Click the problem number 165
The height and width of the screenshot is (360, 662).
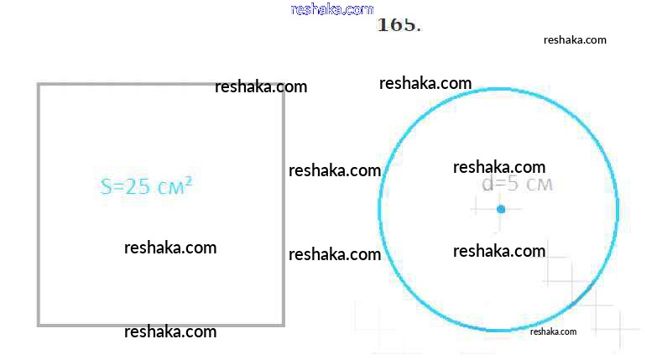click(x=399, y=24)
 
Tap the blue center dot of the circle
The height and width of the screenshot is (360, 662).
click(x=501, y=208)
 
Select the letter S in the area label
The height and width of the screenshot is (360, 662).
click(x=106, y=187)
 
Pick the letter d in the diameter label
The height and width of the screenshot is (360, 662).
click(x=487, y=185)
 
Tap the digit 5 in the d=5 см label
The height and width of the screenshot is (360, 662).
click(x=513, y=185)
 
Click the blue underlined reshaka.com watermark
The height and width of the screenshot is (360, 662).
click(x=331, y=9)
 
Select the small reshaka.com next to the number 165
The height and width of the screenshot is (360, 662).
click(x=575, y=39)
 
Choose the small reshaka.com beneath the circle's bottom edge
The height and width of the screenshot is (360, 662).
click(x=553, y=331)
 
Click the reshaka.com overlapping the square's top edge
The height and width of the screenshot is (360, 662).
click(x=261, y=86)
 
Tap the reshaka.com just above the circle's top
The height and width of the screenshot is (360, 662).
click(x=425, y=83)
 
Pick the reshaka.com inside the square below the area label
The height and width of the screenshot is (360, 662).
click(x=170, y=248)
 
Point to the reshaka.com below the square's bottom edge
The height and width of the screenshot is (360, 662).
click(x=170, y=331)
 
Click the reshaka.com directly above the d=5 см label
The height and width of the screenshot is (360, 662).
click(x=499, y=167)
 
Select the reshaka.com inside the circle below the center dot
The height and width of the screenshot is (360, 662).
click(x=499, y=251)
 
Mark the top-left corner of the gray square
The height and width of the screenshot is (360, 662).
click(x=39, y=85)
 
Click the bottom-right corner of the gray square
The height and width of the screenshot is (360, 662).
click(x=283, y=324)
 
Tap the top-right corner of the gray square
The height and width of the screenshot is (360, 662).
click(x=283, y=85)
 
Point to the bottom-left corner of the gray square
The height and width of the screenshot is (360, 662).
click(x=39, y=324)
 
